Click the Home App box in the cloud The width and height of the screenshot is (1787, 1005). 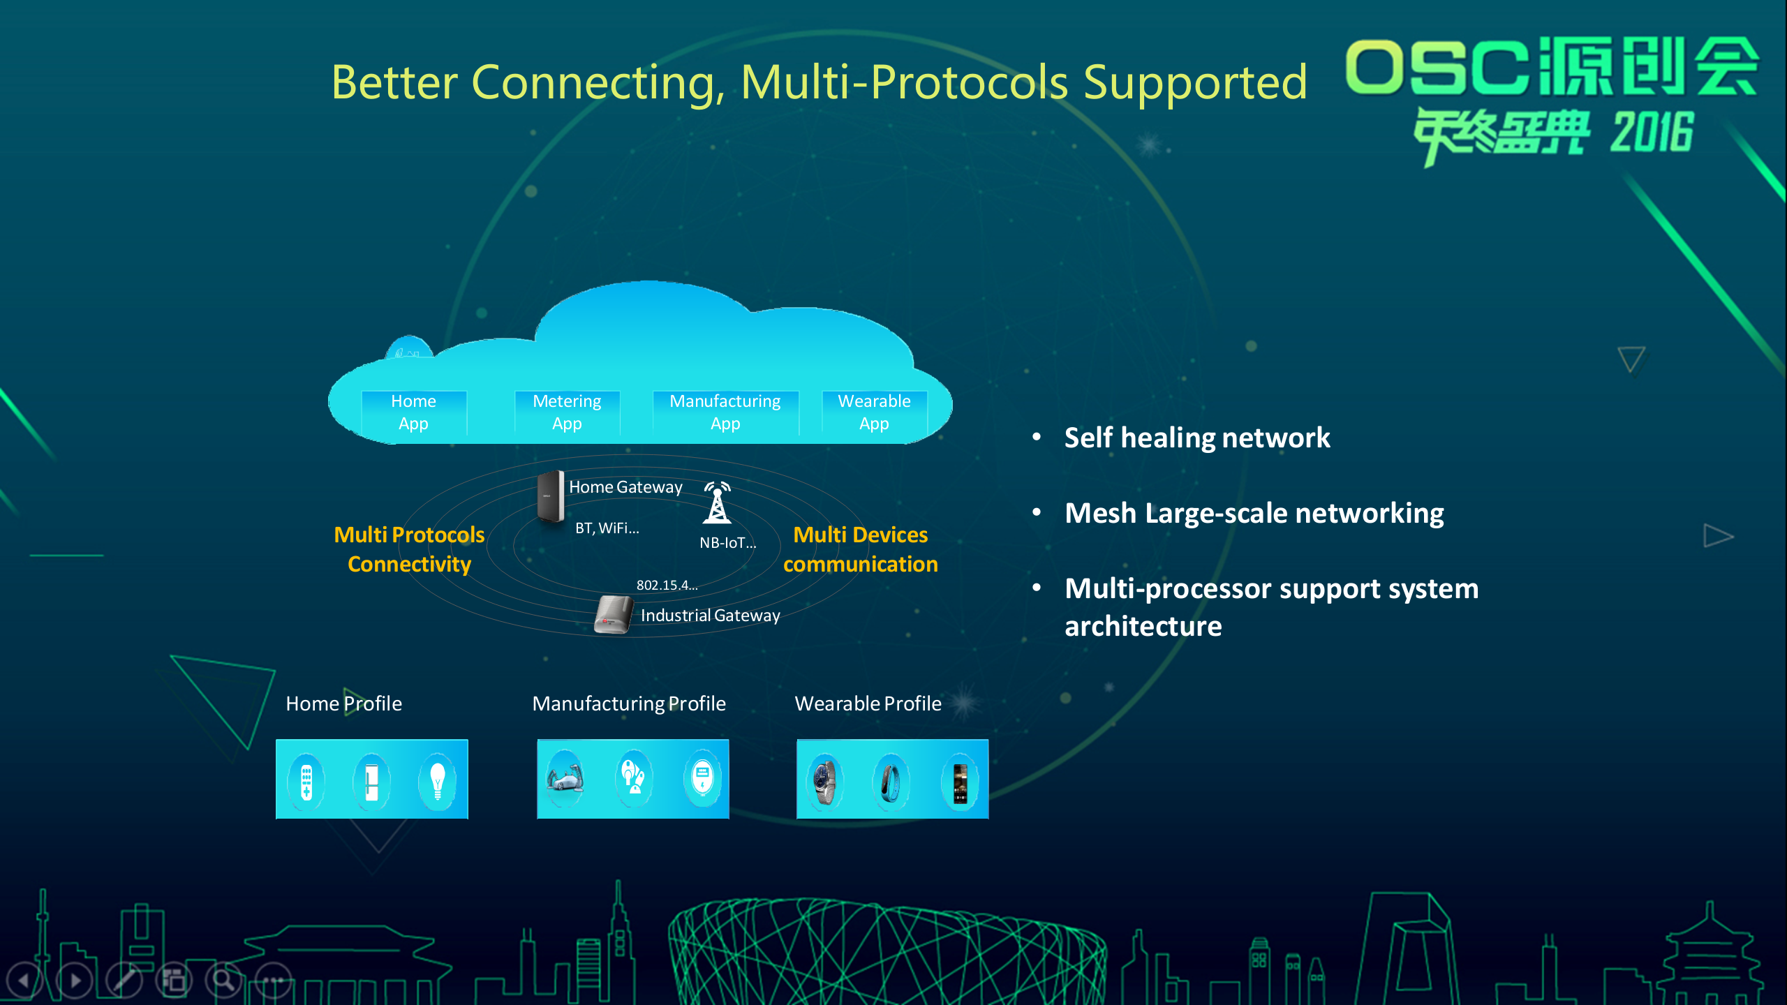coord(413,412)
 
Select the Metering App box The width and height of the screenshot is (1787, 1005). coord(567,412)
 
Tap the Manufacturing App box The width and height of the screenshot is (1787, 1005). coord(725,412)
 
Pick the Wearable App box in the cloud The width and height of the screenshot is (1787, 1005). coord(874,412)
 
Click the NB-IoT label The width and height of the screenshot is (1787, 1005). coord(727,543)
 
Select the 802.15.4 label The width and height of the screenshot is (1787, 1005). coord(667,586)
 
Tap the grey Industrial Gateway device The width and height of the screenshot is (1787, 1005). coord(613,615)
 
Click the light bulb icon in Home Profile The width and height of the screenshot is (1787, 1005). coord(438,780)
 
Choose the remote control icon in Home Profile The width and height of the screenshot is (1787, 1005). coord(306,781)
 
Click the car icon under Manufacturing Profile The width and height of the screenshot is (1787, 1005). coord(564,778)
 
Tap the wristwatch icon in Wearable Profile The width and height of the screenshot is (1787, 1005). coord(824,780)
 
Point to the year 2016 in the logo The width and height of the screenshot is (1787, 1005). coord(1652,133)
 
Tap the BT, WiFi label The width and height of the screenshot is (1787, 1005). coord(607,528)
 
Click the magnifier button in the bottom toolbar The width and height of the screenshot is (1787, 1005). coord(223,980)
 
